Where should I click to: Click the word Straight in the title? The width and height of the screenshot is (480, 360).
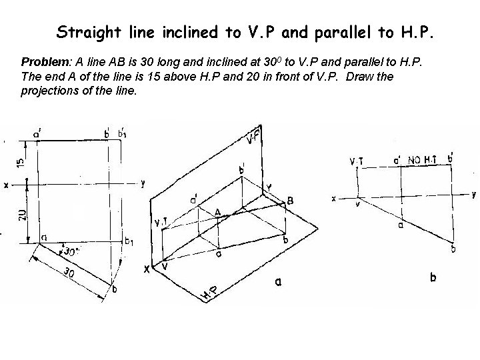point(83,31)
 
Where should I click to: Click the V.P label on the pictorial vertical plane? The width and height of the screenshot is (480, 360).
point(252,138)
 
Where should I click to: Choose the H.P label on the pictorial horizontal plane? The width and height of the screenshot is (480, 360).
point(209,290)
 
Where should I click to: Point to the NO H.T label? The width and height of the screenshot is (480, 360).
point(424,160)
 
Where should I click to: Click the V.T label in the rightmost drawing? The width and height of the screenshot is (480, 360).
point(357,161)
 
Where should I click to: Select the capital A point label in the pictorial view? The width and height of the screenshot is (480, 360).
point(217,211)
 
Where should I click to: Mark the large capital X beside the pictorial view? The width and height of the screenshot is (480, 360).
point(147,269)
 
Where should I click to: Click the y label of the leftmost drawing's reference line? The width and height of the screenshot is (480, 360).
point(143,183)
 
